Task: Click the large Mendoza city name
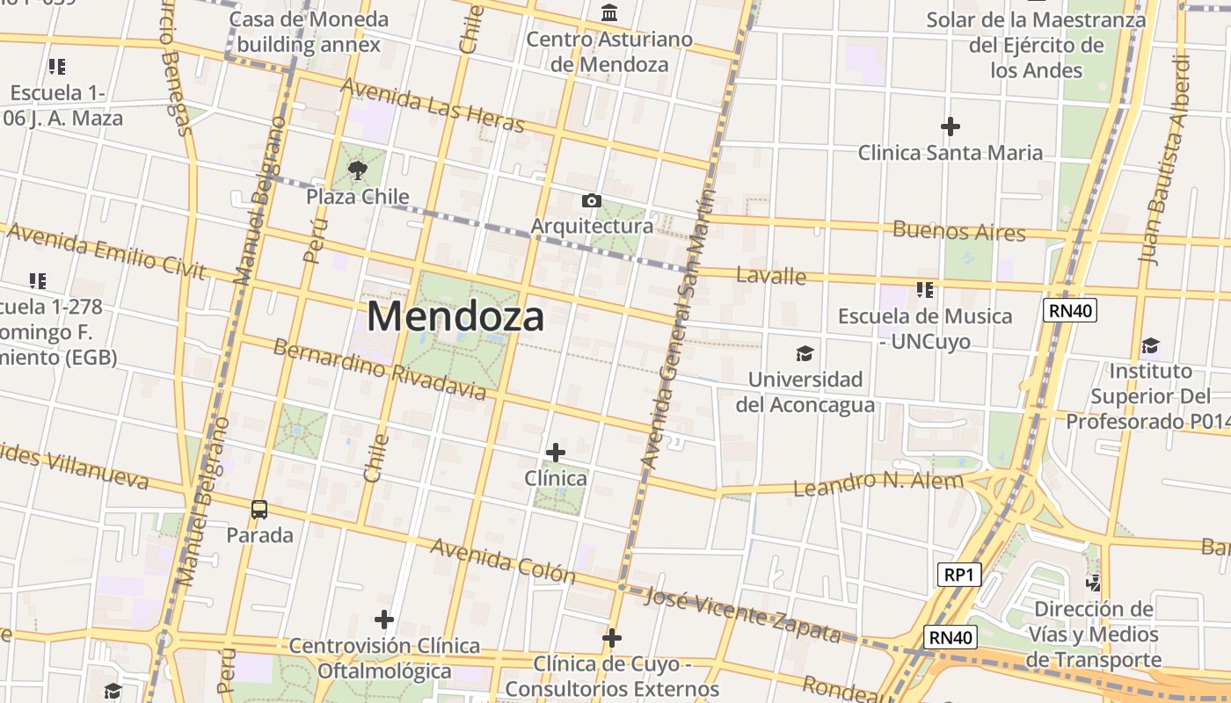455,316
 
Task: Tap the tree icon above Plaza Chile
357,170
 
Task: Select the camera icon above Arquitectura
592,201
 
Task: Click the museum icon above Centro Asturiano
608,13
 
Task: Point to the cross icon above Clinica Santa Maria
951,127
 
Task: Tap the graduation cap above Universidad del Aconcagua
805,354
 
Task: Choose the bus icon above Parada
259,509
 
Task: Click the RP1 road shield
958,575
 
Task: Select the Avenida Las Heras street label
433,105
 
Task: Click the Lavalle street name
771,276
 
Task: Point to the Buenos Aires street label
959,231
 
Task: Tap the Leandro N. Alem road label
878,482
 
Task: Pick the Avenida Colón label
503,561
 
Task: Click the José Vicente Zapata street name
743,615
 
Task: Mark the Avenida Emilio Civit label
106,251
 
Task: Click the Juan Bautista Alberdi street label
1167,158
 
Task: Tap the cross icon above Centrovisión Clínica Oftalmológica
384,620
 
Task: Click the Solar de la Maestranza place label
1037,44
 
